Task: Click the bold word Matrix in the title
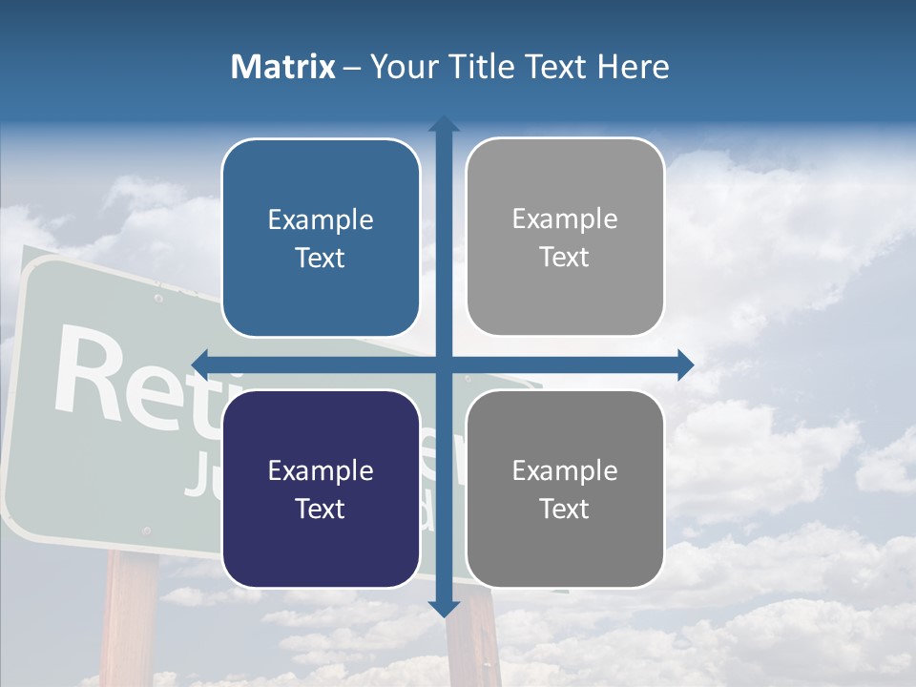pos(283,67)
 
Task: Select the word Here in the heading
pos(634,67)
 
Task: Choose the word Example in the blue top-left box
pos(321,220)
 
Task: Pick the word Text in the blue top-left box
pos(321,258)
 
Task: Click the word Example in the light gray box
pos(565,219)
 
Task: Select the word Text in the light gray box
pos(565,257)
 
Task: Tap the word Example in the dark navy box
pos(321,471)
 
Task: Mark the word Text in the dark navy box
pos(321,509)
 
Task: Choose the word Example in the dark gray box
pos(565,470)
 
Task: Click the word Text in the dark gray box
pos(565,509)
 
